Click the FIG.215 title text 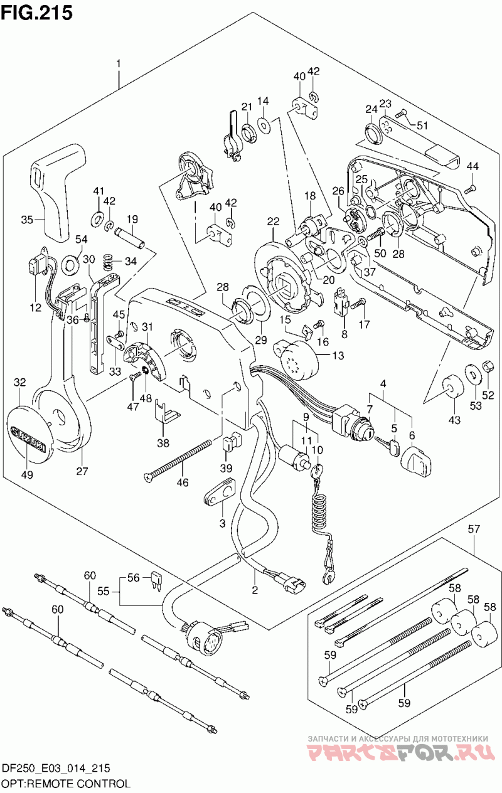click(37, 13)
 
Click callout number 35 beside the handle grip click(27, 220)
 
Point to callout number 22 click(274, 221)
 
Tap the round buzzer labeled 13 click(296, 361)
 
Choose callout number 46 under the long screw click(183, 482)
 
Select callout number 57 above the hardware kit click(474, 530)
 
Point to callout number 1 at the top click(118, 64)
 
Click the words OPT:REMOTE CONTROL click(67, 783)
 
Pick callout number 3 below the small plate click(222, 523)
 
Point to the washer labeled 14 click(263, 124)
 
